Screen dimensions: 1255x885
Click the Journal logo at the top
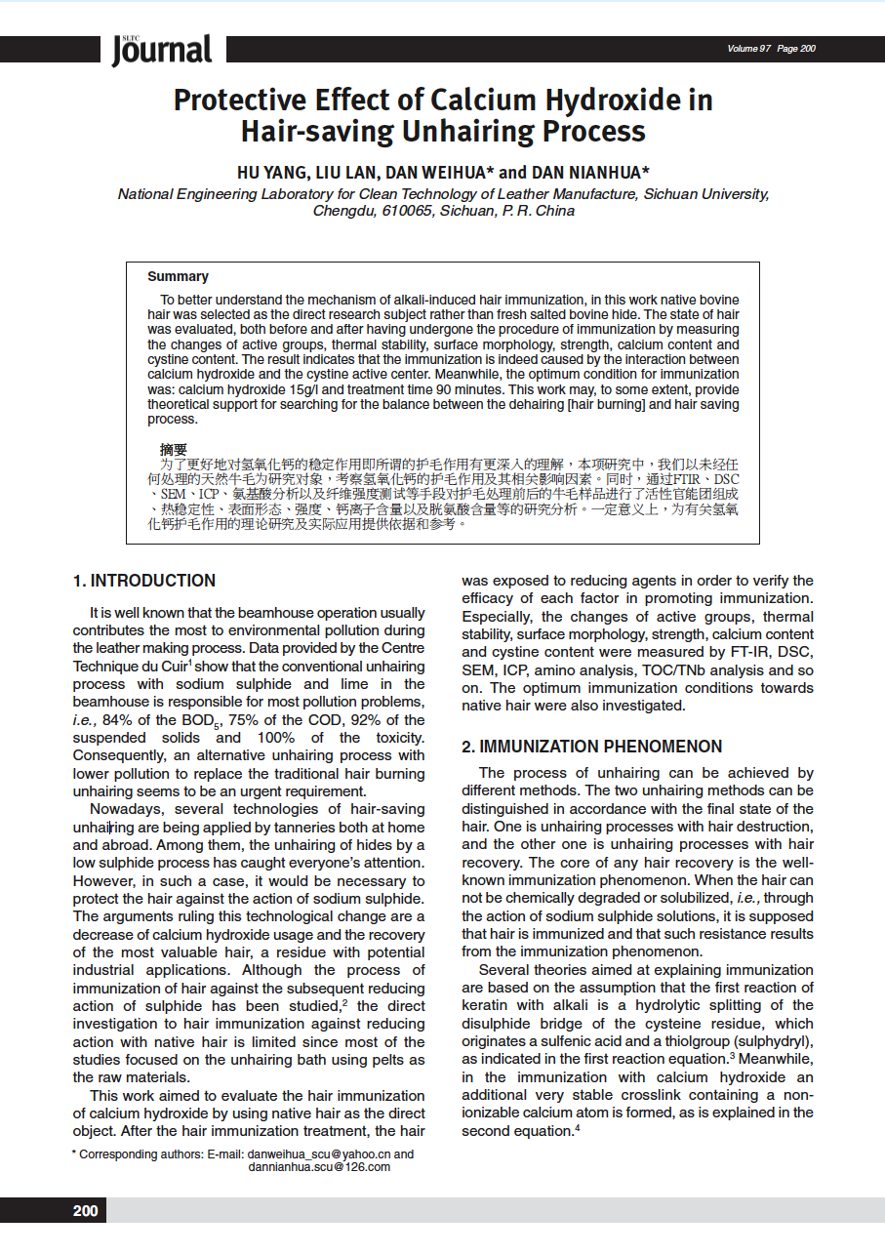pyautogui.click(x=161, y=49)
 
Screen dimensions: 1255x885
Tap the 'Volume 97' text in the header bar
pyautogui.click(x=748, y=49)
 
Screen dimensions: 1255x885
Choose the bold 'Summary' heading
pyautogui.click(x=178, y=276)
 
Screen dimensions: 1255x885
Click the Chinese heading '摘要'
pyautogui.click(x=174, y=450)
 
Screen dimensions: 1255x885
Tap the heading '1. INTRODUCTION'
pyautogui.click(x=144, y=581)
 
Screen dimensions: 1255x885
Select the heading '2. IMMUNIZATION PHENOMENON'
pyautogui.click(x=591, y=747)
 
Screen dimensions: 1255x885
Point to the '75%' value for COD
pyautogui.click(x=242, y=720)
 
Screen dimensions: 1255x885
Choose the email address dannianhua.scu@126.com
pyautogui.click(x=319, y=1167)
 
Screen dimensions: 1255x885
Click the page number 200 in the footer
pyautogui.click(x=86, y=1211)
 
